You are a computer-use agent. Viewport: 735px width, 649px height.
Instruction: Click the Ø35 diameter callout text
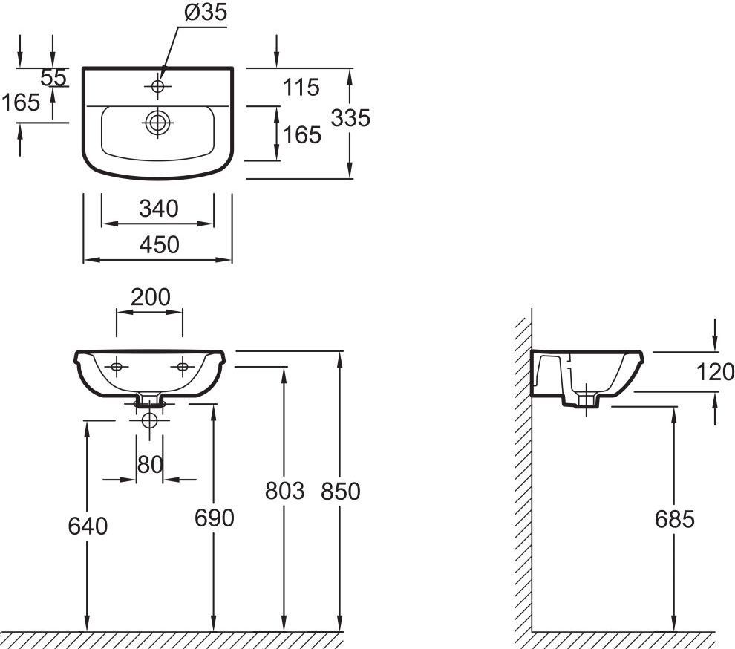(x=206, y=12)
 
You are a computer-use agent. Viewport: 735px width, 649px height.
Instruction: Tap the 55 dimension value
(x=53, y=78)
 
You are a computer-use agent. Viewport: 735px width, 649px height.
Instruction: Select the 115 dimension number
(x=301, y=87)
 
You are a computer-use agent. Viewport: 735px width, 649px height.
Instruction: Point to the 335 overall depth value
(x=350, y=118)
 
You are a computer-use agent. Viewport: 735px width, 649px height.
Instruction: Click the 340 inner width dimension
(x=158, y=209)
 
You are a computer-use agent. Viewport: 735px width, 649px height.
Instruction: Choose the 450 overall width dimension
(x=160, y=245)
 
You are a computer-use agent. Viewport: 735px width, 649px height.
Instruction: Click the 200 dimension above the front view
(x=151, y=297)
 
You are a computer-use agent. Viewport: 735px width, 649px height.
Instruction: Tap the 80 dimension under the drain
(x=150, y=465)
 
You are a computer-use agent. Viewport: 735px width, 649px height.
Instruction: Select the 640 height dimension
(x=88, y=526)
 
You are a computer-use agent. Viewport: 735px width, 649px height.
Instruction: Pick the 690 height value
(x=215, y=518)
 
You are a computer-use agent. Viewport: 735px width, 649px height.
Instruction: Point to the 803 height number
(x=284, y=491)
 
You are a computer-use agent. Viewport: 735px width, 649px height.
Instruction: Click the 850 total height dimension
(x=341, y=492)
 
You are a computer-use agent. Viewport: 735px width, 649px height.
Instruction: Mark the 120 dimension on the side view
(x=715, y=372)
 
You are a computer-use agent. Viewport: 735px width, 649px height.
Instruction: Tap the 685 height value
(x=675, y=519)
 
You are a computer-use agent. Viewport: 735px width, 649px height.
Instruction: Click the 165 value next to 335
(x=302, y=135)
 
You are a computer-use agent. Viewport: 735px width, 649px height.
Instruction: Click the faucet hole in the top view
(x=157, y=86)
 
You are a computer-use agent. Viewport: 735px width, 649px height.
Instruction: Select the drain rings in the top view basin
(x=157, y=123)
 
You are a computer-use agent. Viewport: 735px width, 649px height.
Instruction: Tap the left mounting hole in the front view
(x=117, y=367)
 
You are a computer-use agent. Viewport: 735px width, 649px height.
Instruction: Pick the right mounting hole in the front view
(x=183, y=367)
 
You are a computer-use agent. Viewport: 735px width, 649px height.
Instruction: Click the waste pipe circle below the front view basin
(x=149, y=420)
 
